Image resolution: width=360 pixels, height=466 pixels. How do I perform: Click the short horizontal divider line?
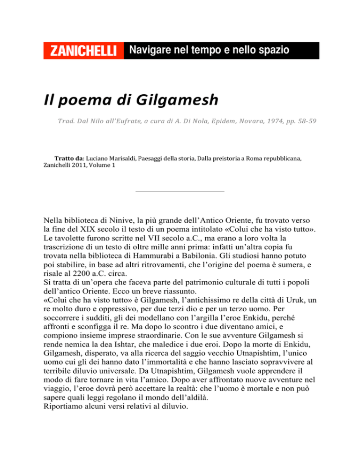[x=179, y=191]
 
